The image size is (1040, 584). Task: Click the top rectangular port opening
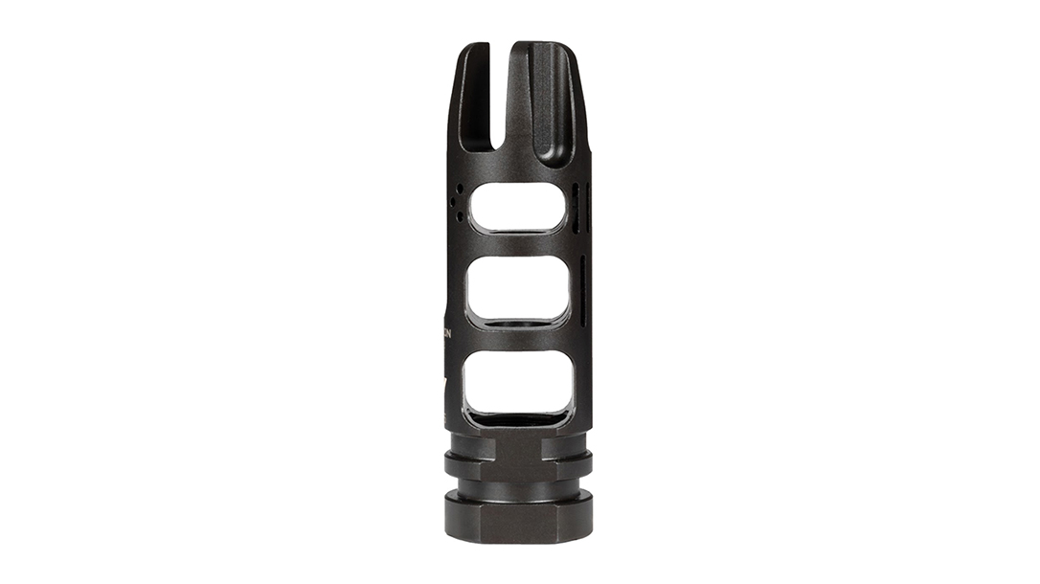click(x=518, y=206)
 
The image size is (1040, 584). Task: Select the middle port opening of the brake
click(x=518, y=289)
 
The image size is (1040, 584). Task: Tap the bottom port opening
click(x=518, y=383)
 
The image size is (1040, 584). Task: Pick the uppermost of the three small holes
click(x=460, y=188)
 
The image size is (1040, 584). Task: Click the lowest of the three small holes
click(x=460, y=216)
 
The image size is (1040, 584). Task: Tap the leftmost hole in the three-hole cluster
click(x=452, y=202)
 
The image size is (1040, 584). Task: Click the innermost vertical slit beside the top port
click(x=576, y=205)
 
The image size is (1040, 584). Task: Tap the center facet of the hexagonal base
click(x=517, y=523)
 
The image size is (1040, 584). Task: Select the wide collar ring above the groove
click(x=517, y=466)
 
